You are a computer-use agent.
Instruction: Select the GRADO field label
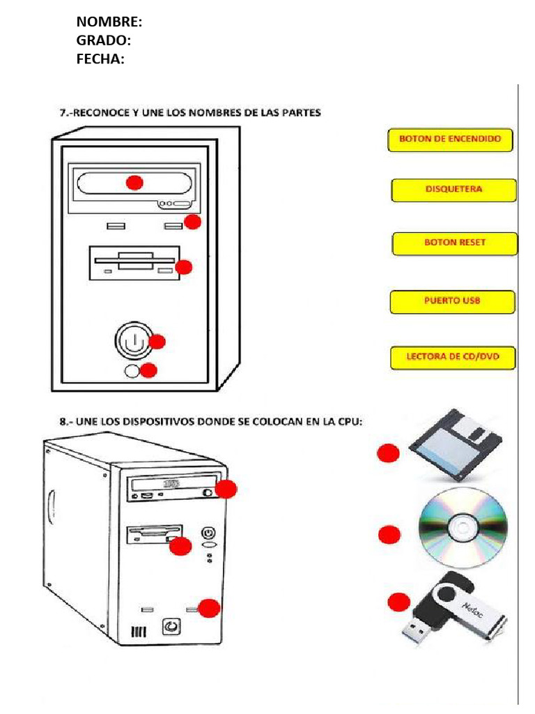click(x=103, y=41)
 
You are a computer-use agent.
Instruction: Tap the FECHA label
click(x=100, y=59)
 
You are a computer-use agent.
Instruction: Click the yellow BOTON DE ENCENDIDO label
click(x=450, y=139)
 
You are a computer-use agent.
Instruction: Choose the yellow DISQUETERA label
click(x=453, y=190)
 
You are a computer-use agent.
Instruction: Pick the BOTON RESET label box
click(x=455, y=243)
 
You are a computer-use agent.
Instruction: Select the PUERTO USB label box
click(x=453, y=301)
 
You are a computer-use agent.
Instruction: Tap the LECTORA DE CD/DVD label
click(x=453, y=357)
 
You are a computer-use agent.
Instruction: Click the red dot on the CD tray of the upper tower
click(x=134, y=183)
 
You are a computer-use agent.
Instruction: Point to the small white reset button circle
click(x=132, y=371)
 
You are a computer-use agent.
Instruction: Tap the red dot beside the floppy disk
click(x=388, y=454)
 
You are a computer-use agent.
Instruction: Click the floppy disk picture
click(x=457, y=444)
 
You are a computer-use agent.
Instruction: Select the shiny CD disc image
click(x=463, y=526)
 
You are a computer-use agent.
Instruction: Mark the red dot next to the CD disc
click(x=389, y=535)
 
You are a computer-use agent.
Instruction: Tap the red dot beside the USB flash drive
click(x=398, y=602)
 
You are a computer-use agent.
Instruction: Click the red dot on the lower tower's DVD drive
click(x=226, y=489)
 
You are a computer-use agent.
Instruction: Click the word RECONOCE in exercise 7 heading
click(x=102, y=112)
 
